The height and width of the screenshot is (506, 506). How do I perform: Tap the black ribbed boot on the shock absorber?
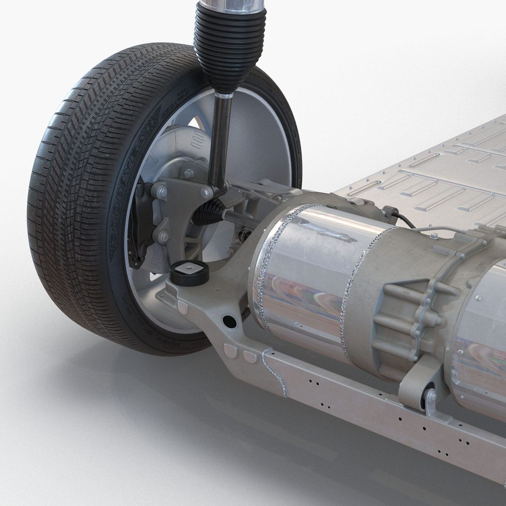tap(218, 51)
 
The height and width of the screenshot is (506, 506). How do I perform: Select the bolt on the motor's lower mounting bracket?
tap(431, 396)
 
